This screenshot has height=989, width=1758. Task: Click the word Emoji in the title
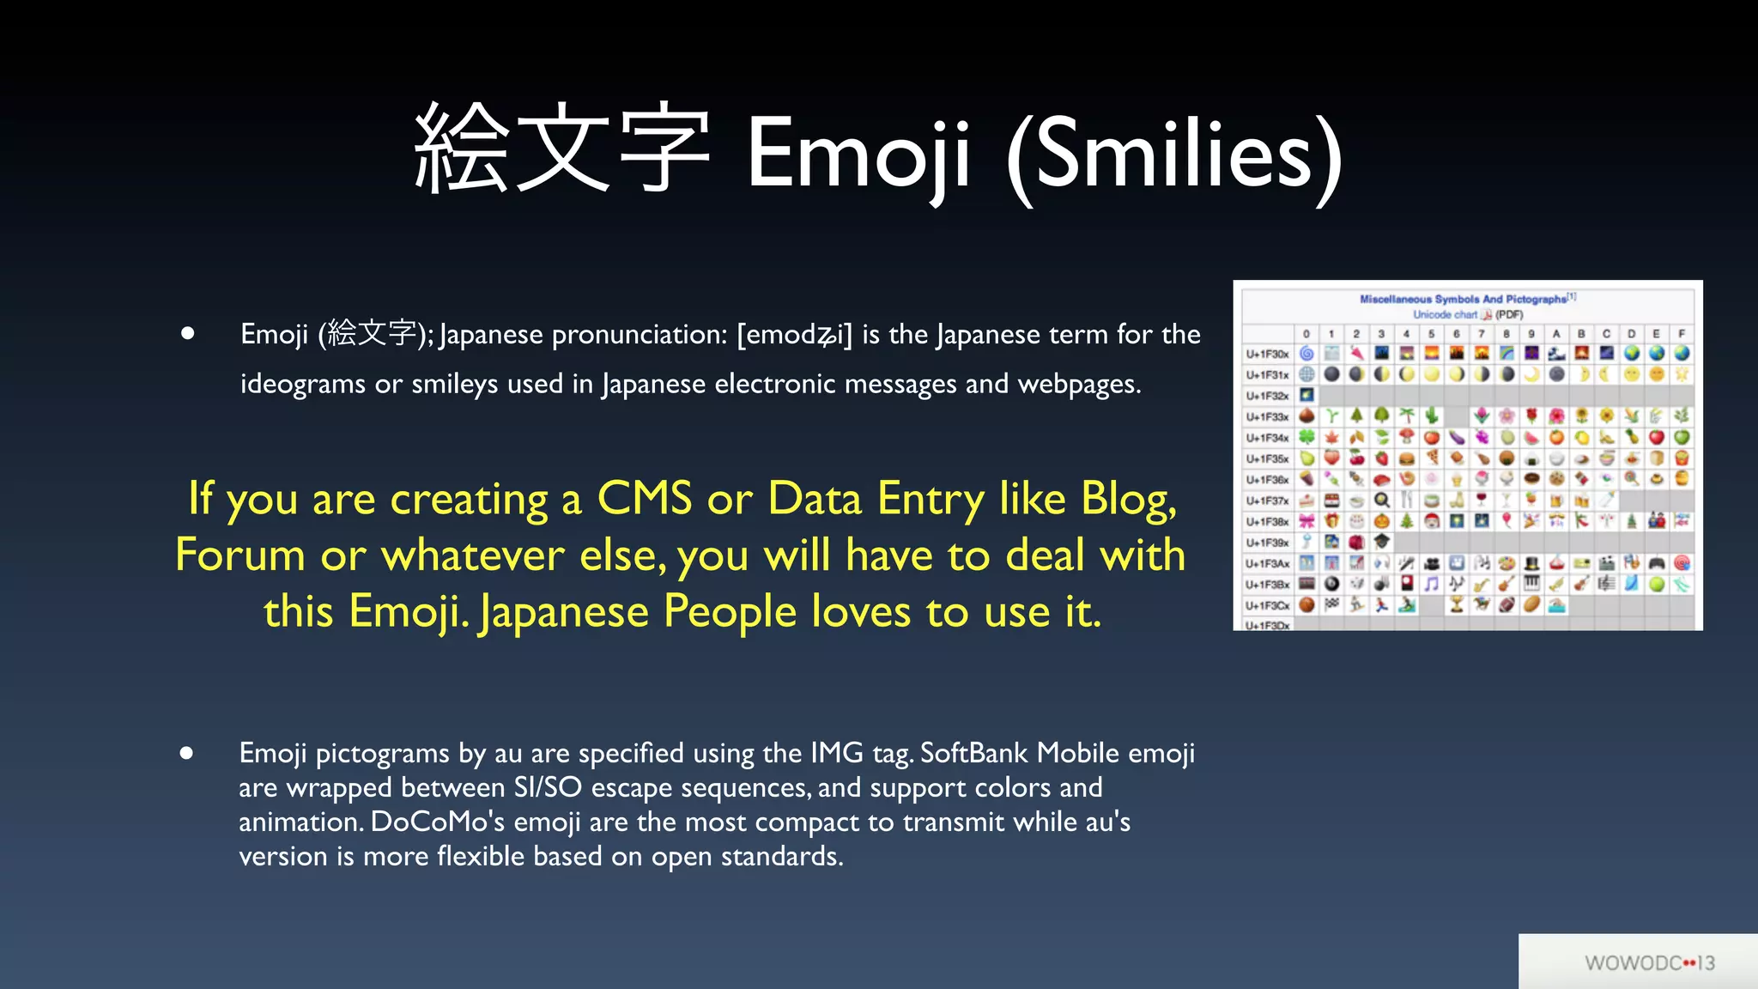click(x=858, y=155)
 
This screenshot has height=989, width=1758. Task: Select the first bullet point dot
click(x=188, y=333)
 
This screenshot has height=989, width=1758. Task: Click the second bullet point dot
click(x=186, y=753)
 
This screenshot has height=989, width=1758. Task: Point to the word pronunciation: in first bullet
click(x=640, y=335)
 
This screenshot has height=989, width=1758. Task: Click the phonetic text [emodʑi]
click(x=795, y=335)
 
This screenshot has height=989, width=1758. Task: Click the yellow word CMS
click(x=645, y=499)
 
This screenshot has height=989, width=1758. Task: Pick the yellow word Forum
click(x=240, y=555)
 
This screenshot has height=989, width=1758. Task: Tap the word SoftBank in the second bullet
click(x=973, y=753)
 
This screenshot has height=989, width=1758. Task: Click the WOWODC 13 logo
click(x=1649, y=963)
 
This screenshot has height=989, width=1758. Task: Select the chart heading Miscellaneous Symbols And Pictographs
click(x=1463, y=299)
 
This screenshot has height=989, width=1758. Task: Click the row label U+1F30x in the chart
click(x=1267, y=354)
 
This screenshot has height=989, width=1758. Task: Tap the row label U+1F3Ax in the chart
click(x=1267, y=564)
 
